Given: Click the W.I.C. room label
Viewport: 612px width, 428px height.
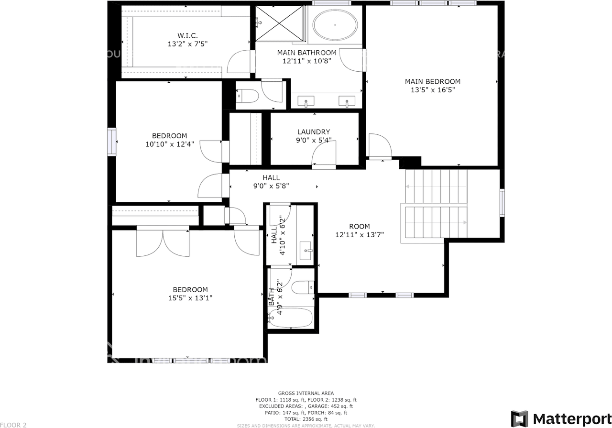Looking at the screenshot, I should tap(187, 35).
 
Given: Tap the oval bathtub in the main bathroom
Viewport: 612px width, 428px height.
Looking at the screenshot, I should tap(335, 24).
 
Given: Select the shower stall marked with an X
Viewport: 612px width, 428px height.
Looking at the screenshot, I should tap(279, 24).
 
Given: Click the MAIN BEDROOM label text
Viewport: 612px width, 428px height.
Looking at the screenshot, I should tap(433, 81).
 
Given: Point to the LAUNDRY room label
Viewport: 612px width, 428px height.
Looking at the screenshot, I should tap(314, 132).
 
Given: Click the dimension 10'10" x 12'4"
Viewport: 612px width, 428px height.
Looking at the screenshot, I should tap(170, 144).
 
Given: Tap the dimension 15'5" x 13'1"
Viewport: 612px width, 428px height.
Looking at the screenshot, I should tap(190, 298).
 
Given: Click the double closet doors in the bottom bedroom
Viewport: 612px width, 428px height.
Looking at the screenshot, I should tap(163, 243).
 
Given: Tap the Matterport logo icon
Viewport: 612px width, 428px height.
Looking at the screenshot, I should tap(519, 418).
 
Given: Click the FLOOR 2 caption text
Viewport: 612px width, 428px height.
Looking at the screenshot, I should tap(13, 425).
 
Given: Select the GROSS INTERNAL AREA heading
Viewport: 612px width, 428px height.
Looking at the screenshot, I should tap(306, 393).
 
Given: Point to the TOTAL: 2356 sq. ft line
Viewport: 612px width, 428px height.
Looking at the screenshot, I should tap(306, 419).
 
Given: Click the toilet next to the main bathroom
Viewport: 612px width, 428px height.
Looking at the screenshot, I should tap(247, 96).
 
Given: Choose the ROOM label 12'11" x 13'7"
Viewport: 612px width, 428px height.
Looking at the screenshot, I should tap(360, 230).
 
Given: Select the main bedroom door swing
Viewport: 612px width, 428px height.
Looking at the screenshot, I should tap(380, 146).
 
